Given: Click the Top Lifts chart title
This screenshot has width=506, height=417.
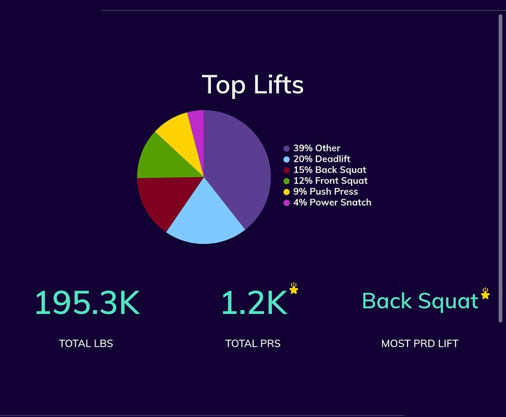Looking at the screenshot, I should point(253,84).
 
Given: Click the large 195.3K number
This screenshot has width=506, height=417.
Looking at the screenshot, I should point(87,303).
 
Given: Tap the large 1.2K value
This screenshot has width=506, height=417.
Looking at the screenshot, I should point(253,303).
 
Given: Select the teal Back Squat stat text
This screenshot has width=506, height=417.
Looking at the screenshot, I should point(420,301).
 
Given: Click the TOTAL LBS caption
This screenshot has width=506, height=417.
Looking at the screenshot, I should point(86,343).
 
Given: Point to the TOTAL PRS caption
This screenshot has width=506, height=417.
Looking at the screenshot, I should point(253,343).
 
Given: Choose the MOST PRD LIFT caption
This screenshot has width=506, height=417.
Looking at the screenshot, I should point(420,343).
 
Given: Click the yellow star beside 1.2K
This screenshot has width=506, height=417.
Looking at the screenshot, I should point(294,289).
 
